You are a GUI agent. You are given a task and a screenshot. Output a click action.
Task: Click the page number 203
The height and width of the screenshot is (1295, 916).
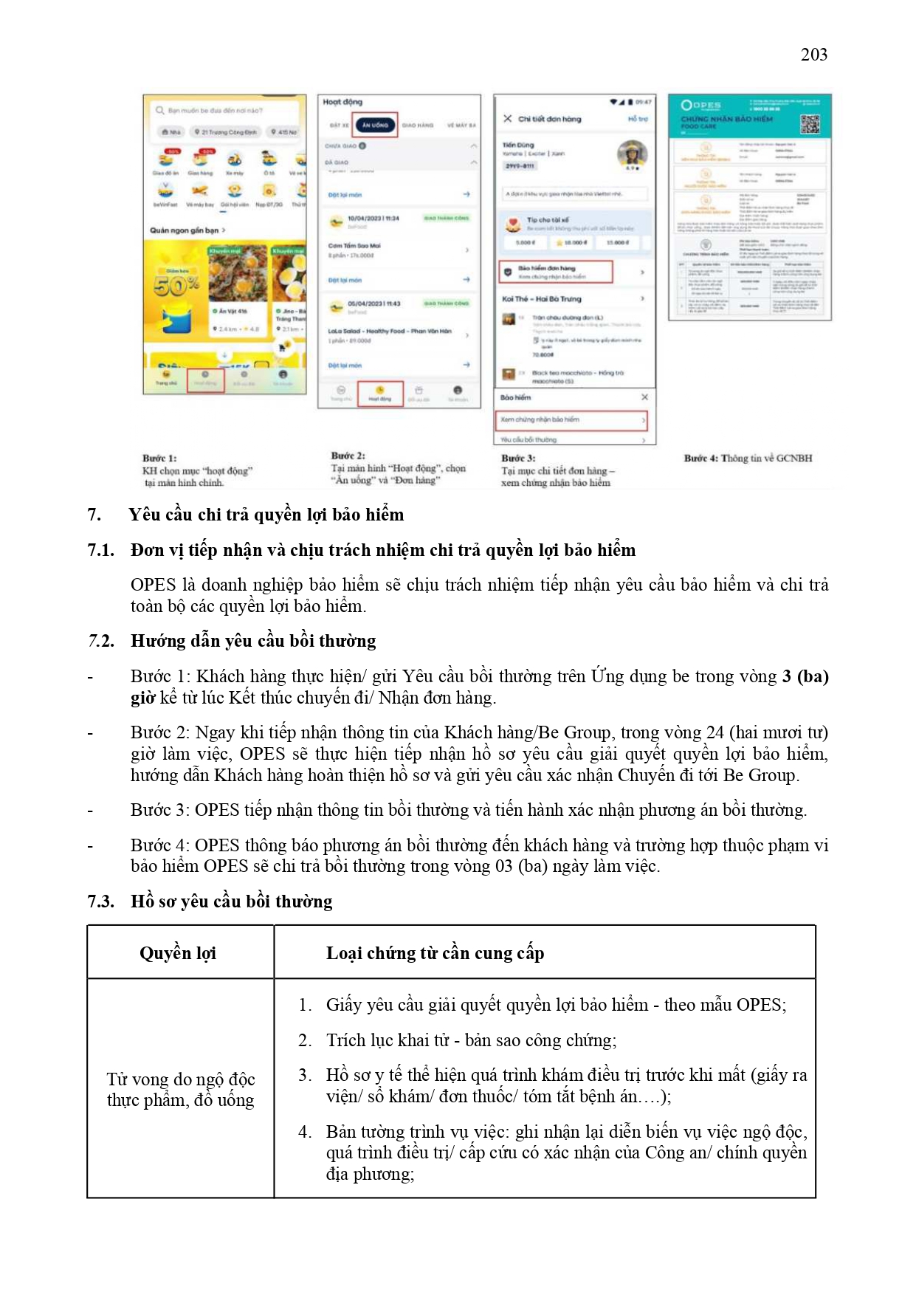813,55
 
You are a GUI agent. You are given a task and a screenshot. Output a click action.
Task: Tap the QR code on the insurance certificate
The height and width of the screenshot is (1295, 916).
810,124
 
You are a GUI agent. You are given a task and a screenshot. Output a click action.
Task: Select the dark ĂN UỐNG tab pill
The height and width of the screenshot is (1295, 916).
375,126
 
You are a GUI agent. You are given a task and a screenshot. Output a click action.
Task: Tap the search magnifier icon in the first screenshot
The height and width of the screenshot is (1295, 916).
159,111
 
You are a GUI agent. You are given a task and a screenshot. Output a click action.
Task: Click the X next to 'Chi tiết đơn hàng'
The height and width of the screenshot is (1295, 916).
508,118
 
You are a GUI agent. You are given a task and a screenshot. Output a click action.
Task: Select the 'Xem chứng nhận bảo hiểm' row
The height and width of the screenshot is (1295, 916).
571,419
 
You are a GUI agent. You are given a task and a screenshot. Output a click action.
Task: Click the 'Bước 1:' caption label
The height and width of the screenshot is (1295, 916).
159,458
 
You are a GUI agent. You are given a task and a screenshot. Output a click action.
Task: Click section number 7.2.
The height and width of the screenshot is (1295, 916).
101,641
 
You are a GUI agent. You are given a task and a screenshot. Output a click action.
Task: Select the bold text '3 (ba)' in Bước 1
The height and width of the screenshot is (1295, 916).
805,676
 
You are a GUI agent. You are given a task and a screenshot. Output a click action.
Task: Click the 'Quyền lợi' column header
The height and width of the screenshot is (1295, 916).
178,953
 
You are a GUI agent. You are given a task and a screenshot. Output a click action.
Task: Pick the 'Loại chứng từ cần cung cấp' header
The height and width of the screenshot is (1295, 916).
435,953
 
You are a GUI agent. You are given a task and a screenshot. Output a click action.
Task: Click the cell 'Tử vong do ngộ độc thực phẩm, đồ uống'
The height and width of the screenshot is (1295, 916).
181,1090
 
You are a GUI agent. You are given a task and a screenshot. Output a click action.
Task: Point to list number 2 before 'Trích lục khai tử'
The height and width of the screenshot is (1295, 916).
305,1040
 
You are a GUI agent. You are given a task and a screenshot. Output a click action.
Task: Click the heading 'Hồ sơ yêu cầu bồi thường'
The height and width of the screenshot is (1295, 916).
231,901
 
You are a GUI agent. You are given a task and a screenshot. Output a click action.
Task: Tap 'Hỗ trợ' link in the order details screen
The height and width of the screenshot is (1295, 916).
638,119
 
